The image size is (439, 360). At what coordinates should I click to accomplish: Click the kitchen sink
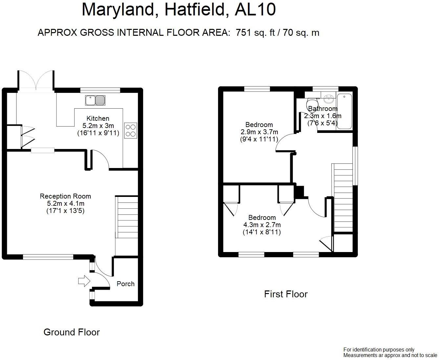(x=95, y=100)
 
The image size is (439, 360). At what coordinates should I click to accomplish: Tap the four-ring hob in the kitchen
(x=131, y=130)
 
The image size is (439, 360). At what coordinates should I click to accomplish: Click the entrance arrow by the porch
(x=84, y=281)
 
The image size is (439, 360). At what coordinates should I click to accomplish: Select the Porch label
(x=125, y=284)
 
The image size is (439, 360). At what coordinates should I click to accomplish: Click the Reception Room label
(x=65, y=196)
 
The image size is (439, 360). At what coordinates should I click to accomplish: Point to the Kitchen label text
(x=98, y=118)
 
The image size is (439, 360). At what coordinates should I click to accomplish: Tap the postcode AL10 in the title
(x=255, y=10)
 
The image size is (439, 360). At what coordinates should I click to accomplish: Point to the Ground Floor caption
(x=72, y=332)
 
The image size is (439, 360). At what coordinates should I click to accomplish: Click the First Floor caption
(x=286, y=294)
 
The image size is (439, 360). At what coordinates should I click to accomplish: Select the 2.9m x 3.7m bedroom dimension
(x=259, y=132)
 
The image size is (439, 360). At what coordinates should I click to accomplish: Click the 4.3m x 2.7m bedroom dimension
(x=262, y=225)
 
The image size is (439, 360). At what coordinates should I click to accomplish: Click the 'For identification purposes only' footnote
(x=379, y=350)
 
